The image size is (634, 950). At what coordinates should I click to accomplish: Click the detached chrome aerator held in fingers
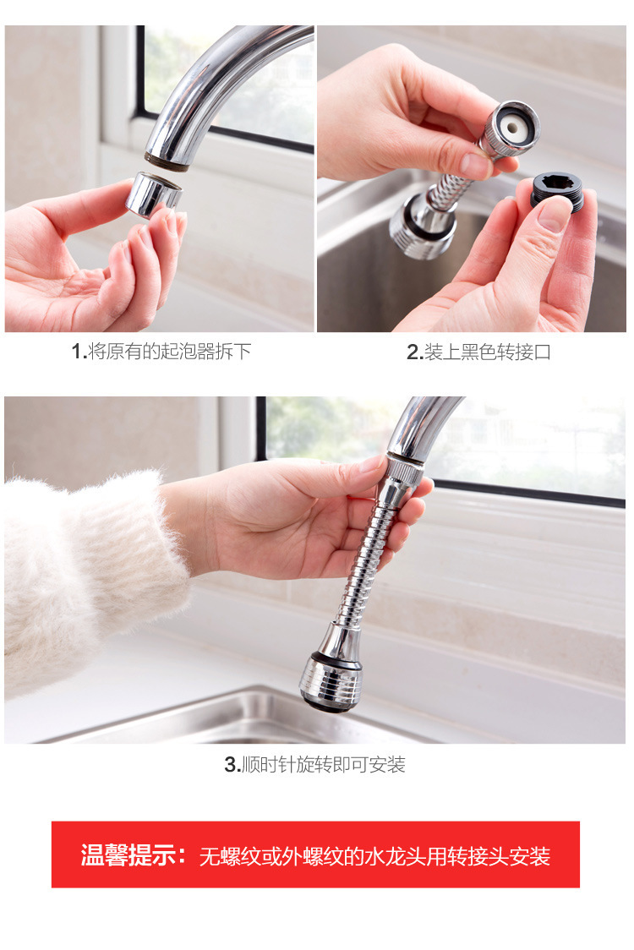(154, 193)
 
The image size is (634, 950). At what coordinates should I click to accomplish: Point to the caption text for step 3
(314, 765)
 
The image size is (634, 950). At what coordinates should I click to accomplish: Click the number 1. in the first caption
(79, 352)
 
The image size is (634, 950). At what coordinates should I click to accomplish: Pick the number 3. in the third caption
(232, 765)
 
